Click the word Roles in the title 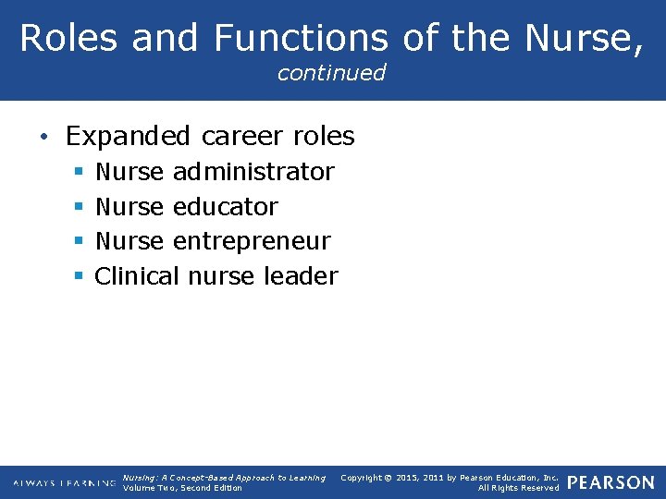click(x=68, y=38)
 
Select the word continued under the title click(x=331, y=73)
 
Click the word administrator click(x=253, y=172)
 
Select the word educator click(x=225, y=207)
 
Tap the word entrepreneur click(x=252, y=242)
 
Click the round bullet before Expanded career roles click(x=44, y=139)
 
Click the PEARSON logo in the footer click(x=610, y=482)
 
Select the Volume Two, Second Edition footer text click(x=182, y=488)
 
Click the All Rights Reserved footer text click(x=518, y=488)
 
